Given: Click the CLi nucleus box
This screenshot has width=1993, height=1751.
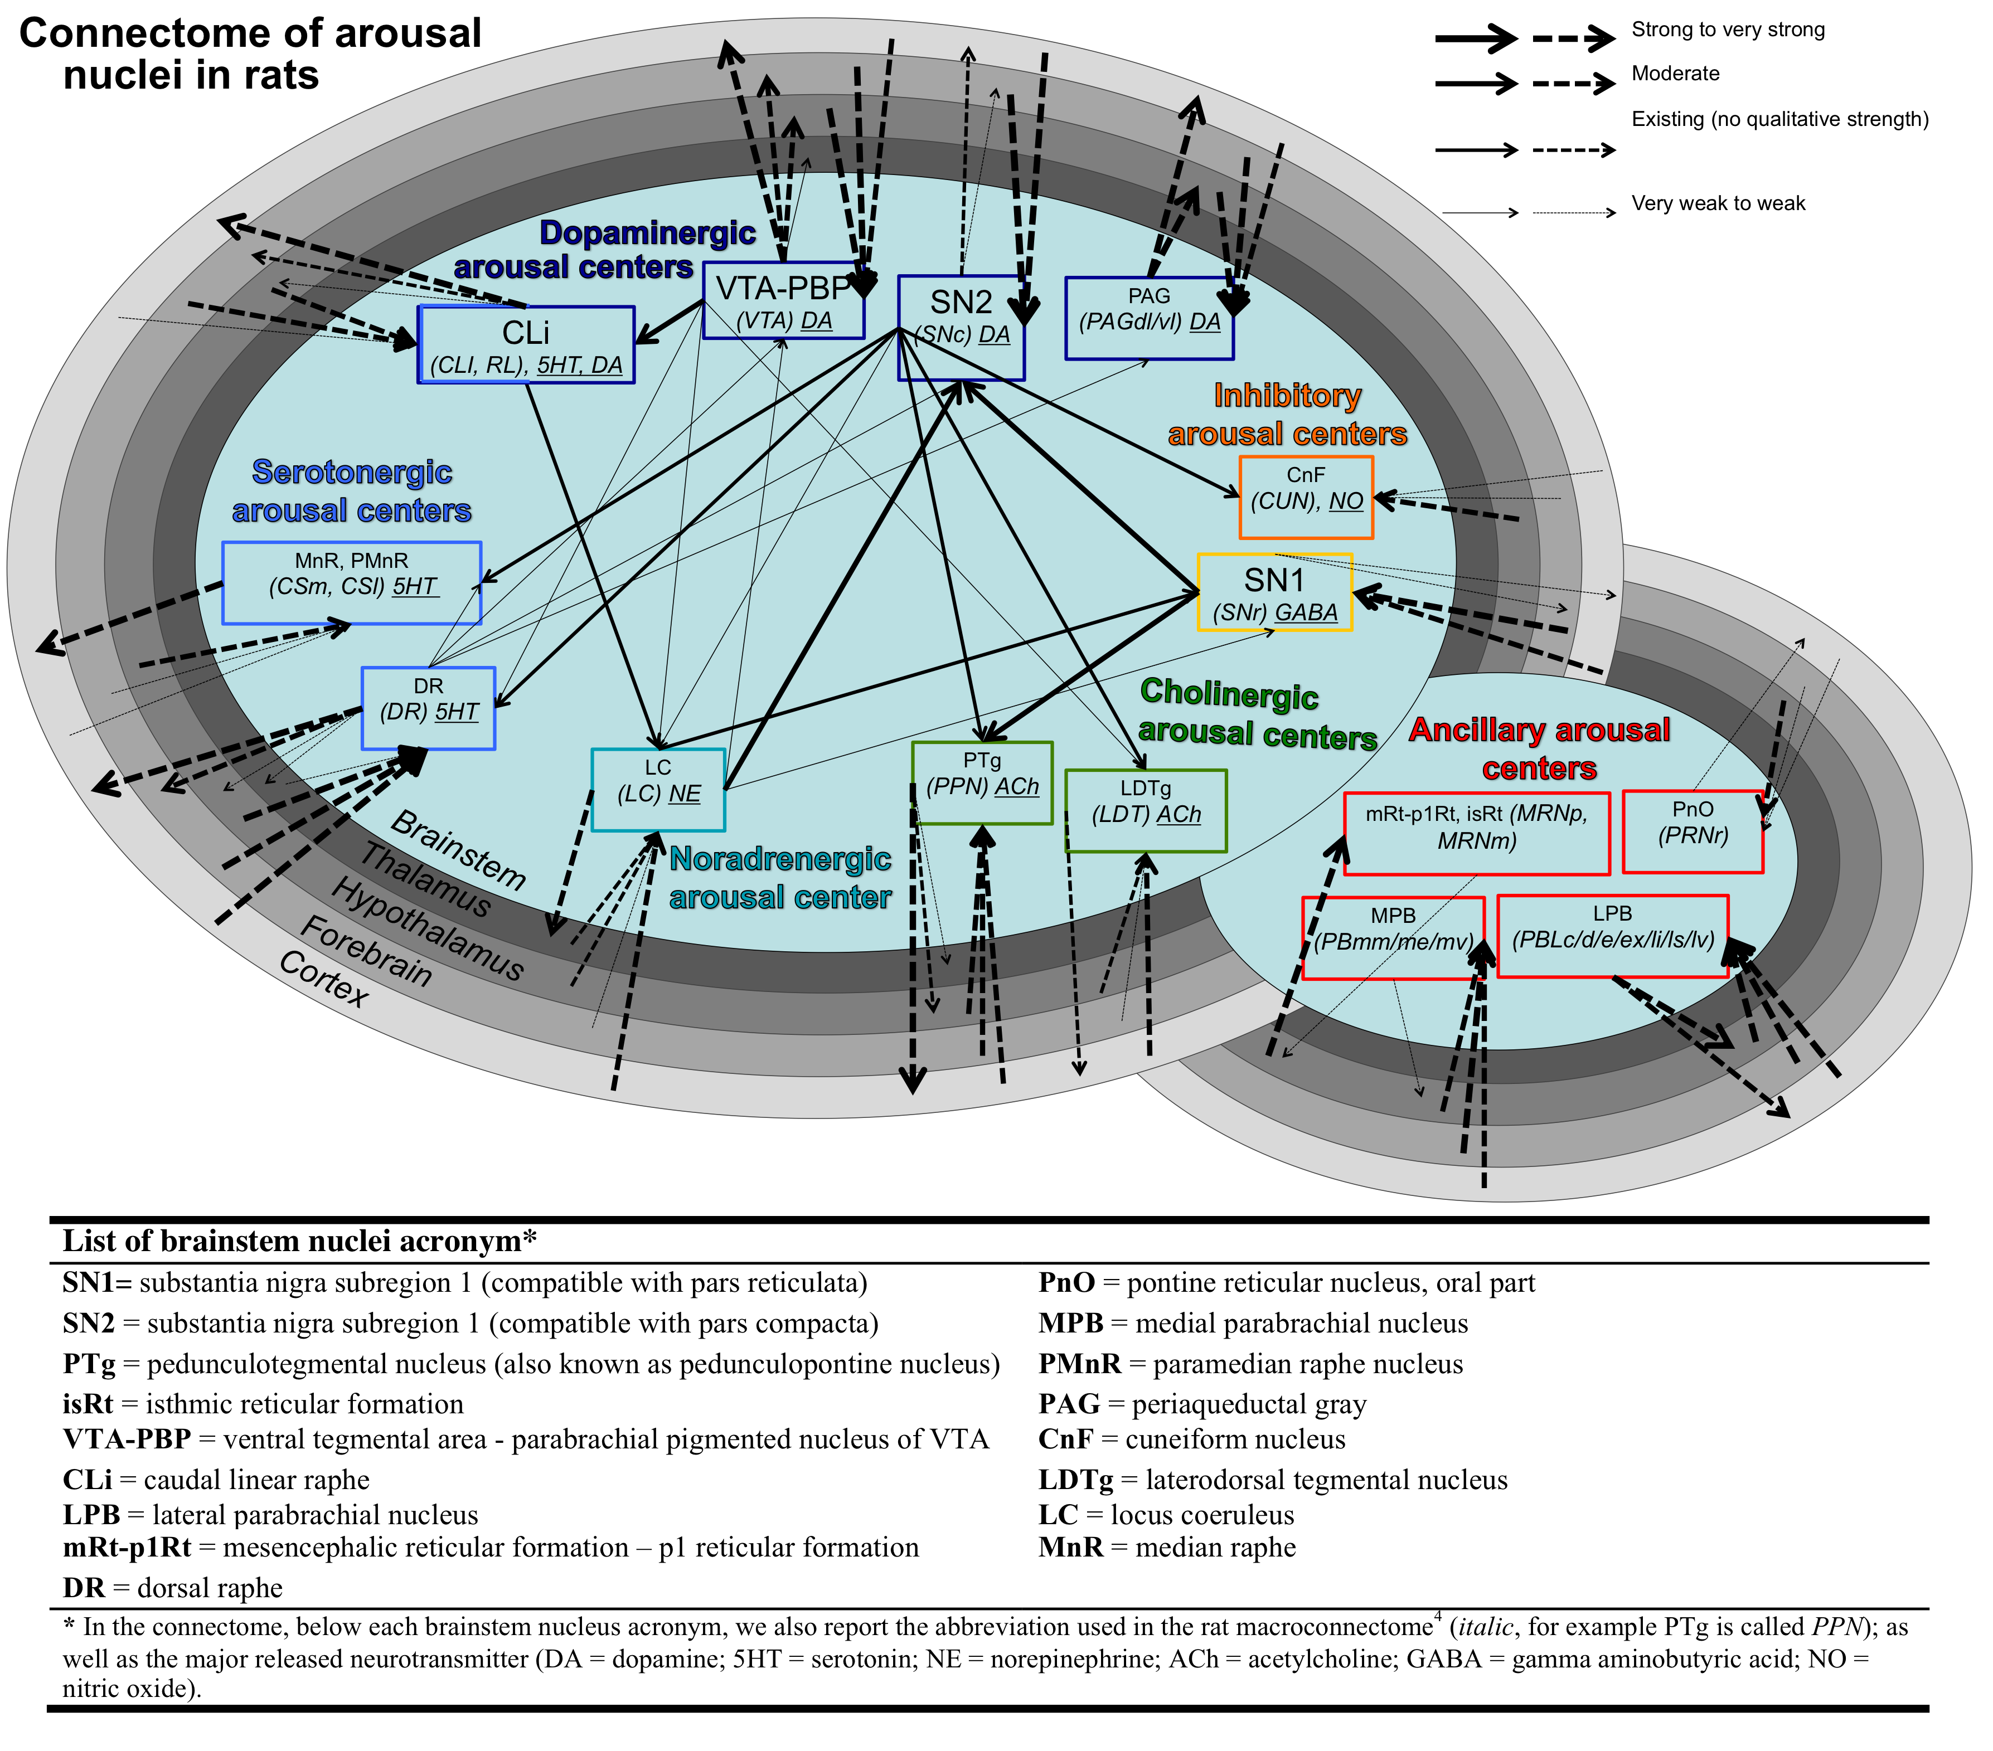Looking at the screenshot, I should (x=526, y=345).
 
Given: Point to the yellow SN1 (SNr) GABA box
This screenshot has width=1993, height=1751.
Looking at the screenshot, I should (x=1274, y=593).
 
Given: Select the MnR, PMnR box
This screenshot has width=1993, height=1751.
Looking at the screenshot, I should (x=351, y=583).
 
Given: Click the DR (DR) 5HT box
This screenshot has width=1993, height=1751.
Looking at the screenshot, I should (x=428, y=709).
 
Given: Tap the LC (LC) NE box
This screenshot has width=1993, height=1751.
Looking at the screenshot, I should (x=658, y=790).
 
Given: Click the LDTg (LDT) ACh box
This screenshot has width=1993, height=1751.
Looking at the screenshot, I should (x=1146, y=810).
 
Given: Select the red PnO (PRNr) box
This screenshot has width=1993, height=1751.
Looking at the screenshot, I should (x=1693, y=831).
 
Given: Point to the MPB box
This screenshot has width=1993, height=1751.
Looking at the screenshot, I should (x=1393, y=938).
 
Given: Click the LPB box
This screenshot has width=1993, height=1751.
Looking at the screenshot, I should (x=1613, y=936).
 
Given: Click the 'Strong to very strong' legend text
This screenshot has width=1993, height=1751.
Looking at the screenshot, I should (x=1728, y=30).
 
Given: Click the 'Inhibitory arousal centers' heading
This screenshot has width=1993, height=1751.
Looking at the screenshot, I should (x=1287, y=415).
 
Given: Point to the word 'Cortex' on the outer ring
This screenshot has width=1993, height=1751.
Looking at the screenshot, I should (x=324, y=979).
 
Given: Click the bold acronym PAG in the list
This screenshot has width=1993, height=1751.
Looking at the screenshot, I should (x=1069, y=1404).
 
